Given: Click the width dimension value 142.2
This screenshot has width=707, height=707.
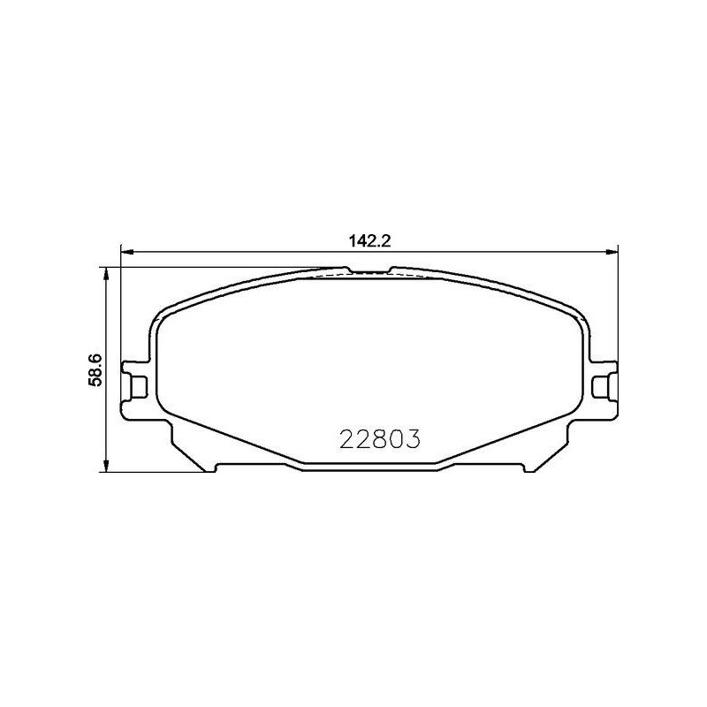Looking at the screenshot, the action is point(369,241).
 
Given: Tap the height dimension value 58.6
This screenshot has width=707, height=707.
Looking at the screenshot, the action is point(96,369).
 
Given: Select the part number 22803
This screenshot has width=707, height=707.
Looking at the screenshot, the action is point(380,438).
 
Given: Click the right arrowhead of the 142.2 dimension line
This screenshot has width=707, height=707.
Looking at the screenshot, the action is point(612,252).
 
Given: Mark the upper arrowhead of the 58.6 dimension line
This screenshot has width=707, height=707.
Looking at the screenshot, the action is point(106,273).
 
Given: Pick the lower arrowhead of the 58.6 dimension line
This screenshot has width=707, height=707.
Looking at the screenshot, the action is point(106,466).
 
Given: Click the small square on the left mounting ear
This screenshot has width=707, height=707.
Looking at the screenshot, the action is point(139,387).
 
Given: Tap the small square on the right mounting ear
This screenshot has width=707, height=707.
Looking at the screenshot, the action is point(600,387).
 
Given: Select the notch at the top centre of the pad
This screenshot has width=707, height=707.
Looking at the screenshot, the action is point(369,271).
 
